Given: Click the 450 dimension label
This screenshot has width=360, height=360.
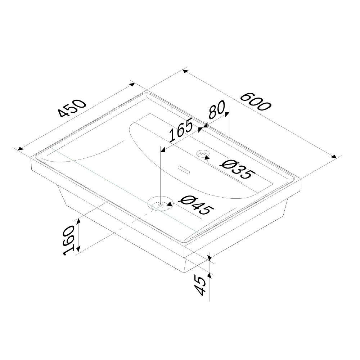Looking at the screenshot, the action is [72, 108].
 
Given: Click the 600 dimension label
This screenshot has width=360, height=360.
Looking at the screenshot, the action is [256, 102].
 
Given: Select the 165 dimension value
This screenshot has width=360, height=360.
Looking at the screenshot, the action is [181, 130].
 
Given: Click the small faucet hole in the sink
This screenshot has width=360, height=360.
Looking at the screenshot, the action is [203, 153].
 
